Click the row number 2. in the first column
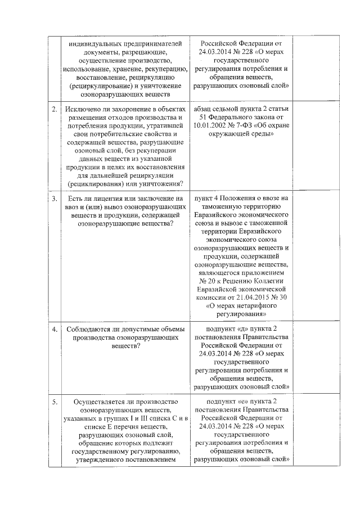55,109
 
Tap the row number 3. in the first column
55,199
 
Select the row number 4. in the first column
55,329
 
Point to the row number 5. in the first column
55,402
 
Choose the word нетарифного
257,306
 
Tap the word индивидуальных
90,44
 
